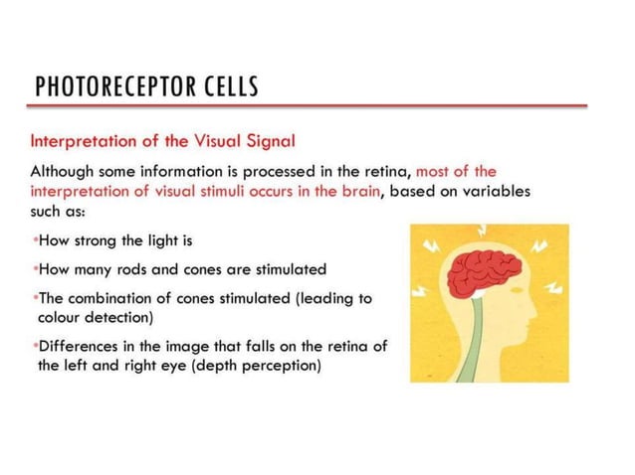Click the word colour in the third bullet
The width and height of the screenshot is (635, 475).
click(64, 318)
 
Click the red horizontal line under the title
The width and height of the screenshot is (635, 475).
click(309, 105)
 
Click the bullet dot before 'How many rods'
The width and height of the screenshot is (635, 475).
click(34, 269)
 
